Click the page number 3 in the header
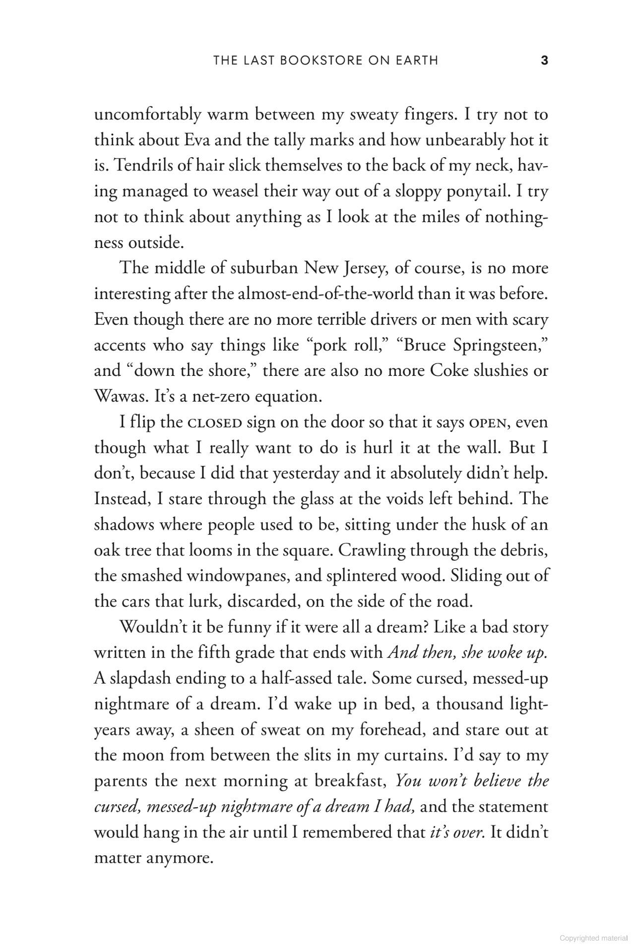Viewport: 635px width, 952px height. (544, 60)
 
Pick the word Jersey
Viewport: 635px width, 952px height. (363, 268)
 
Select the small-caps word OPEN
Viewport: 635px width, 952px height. (487, 423)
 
